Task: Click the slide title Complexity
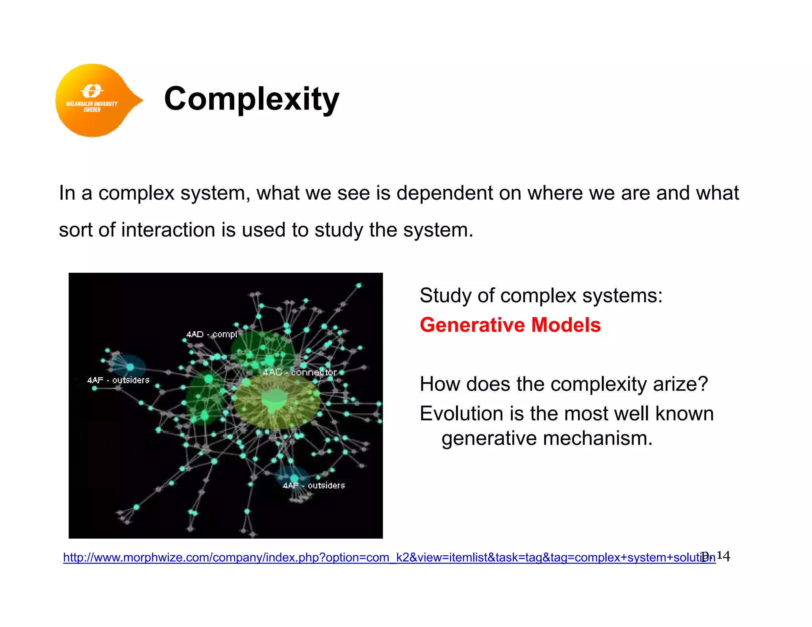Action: click(x=251, y=99)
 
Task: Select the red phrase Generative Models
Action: click(x=510, y=325)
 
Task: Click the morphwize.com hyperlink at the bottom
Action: click(x=389, y=557)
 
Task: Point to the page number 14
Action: click(x=723, y=556)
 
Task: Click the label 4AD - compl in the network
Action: click(x=211, y=334)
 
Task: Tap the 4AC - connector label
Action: click(x=300, y=372)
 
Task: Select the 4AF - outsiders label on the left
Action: click(x=118, y=380)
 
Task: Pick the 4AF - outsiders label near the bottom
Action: click(x=314, y=486)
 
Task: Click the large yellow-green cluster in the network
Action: click(x=276, y=401)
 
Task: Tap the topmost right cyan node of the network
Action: click(x=359, y=285)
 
